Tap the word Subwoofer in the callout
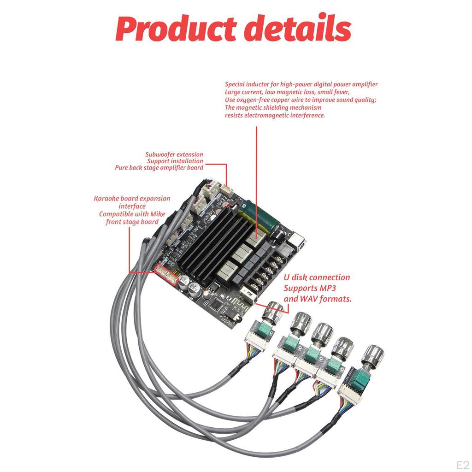pyautogui.click(x=160, y=155)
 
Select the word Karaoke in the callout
pyautogui.click(x=106, y=199)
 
